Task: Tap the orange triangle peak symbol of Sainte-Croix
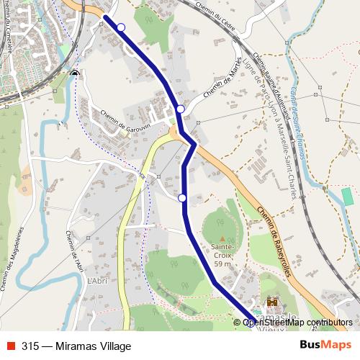(222, 238)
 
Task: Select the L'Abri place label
(96, 281)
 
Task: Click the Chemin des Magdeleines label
(12, 259)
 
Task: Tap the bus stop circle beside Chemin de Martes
(181, 109)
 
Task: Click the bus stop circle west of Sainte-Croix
(182, 198)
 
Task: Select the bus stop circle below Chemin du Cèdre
(121, 27)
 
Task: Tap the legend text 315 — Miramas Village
(76, 346)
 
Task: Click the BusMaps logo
(325, 345)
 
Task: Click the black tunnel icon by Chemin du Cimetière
(76, 73)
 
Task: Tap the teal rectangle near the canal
(348, 196)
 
